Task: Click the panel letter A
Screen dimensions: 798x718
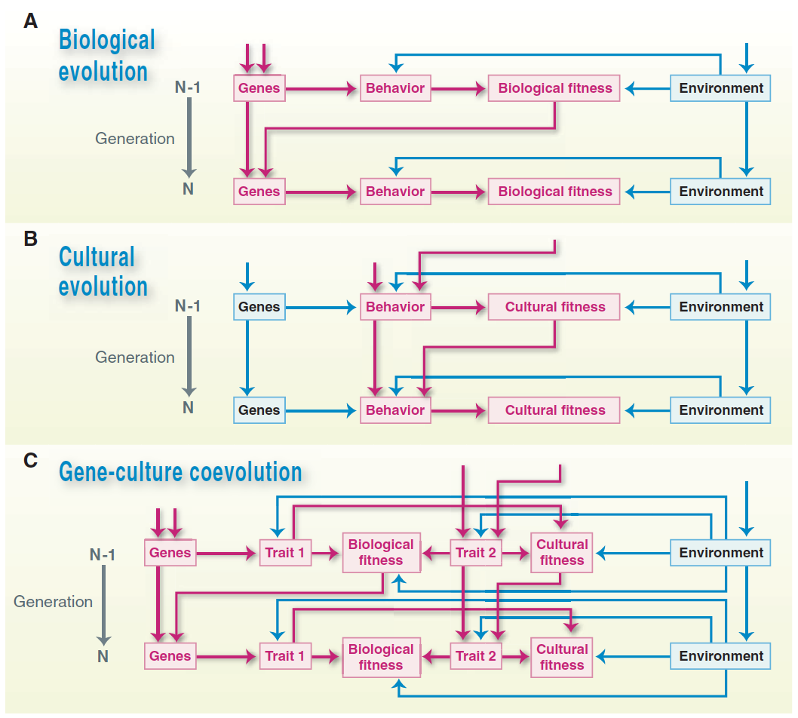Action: (x=30, y=21)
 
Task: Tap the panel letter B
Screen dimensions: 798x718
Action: (x=30, y=238)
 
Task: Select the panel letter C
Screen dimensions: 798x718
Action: (x=30, y=461)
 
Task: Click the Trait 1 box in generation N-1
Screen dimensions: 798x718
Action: (x=285, y=553)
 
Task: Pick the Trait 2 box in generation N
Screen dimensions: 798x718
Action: (x=476, y=656)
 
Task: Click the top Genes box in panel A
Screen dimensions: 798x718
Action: (x=259, y=88)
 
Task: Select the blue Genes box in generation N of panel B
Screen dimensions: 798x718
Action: (x=259, y=410)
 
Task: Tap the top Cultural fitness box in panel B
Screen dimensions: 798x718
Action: (x=554, y=307)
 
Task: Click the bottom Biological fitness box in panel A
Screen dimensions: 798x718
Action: (x=554, y=192)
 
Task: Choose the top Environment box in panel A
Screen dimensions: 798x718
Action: (x=720, y=88)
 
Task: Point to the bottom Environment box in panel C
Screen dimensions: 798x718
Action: (x=720, y=656)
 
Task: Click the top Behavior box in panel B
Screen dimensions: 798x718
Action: (x=395, y=307)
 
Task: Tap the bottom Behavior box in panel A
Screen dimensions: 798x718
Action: (x=395, y=192)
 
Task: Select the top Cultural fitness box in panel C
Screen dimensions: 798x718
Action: (x=561, y=553)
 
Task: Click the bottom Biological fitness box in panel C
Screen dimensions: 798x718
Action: (x=381, y=658)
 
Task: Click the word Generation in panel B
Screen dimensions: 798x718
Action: (x=135, y=357)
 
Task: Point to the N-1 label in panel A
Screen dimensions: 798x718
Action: (x=187, y=87)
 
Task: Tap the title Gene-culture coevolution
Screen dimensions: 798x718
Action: (x=181, y=471)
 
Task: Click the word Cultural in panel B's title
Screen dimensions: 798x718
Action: (x=97, y=256)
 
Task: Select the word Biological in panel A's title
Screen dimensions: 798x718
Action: (x=107, y=40)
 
